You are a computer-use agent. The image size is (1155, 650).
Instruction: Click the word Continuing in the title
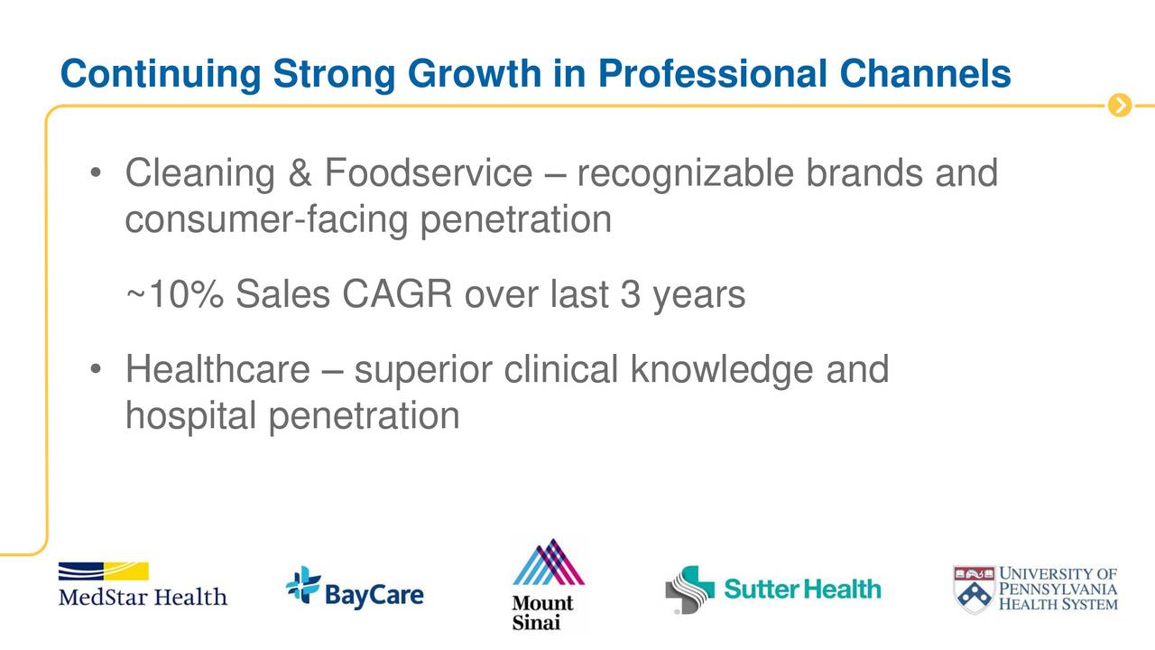point(161,75)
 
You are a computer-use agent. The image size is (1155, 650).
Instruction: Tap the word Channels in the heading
point(925,73)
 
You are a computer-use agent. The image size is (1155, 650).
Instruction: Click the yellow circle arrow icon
point(1120,106)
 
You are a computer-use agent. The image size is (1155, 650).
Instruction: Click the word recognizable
point(685,174)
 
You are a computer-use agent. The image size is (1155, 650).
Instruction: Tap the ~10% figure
point(175,294)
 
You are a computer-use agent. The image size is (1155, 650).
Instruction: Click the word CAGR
point(396,294)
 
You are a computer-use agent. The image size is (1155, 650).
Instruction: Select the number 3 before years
point(630,294)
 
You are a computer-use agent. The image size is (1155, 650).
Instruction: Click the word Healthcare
point(217,369)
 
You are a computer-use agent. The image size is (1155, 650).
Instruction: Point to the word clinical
point(560,369)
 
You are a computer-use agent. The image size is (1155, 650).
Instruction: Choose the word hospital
point(190,417)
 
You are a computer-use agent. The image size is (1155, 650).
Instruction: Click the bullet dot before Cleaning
point(96,172)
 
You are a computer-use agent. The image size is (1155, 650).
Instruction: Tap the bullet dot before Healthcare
point(96,369)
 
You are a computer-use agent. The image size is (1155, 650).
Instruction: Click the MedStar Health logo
point(143,584)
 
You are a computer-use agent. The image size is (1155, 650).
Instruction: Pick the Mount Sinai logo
point(548,585)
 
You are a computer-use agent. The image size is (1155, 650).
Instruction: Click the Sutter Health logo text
point(802,590)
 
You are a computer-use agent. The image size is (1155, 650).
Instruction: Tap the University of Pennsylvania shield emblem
point(974,590)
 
